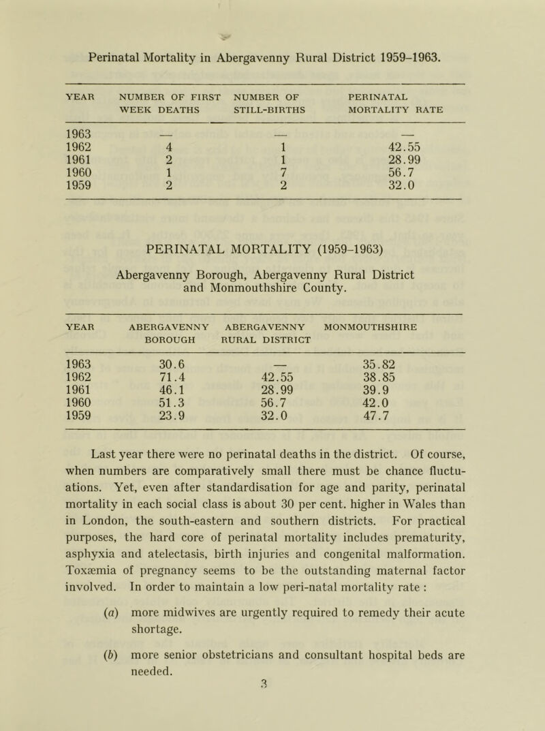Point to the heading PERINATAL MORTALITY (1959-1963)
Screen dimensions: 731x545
[x=272, y=260]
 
